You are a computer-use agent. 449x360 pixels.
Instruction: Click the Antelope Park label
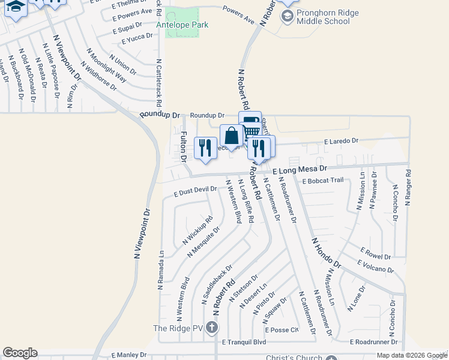(x=182, y=25)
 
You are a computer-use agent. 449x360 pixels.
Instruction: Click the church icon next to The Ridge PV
(x=211, y=328)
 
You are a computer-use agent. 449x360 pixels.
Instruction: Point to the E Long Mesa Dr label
(x=299, y=171)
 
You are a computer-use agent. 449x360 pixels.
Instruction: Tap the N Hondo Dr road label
(x=326, y=252)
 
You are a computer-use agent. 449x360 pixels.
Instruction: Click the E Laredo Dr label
(x=340, y=140)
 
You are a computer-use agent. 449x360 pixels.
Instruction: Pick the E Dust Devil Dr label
(x=194, y=191)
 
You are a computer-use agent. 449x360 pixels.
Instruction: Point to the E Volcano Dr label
(x=375, y=266)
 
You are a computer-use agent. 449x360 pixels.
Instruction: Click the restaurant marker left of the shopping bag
(x=206, y=148)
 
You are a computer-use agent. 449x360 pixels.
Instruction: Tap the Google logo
(x=20, y=353)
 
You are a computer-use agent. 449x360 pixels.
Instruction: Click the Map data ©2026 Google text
(x=411, y=355)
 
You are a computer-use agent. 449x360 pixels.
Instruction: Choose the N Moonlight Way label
(x=107, y=65)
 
